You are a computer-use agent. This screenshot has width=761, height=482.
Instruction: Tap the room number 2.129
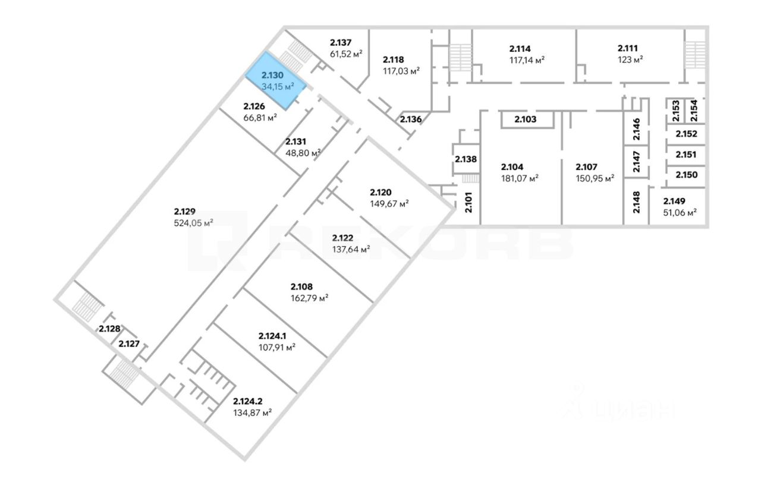pyautogui.click(x=185, y=212)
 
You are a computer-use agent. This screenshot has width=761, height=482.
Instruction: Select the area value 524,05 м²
pyautogui.click(x=193, y=223)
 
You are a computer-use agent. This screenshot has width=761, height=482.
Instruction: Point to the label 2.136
pyautogui.click(x=411, y=119)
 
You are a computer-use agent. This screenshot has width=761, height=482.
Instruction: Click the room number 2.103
pyautogui.click(x=525, y=119)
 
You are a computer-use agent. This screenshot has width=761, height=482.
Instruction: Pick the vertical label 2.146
pyautogui.click(x=637, y=129)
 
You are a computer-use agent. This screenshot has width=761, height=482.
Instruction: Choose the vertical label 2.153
pyautogui.click(x=676, y=111)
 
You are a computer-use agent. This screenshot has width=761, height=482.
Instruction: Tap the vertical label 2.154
pyautogui.click(x=694, y=111)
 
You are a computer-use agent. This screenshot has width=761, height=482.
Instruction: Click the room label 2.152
pyautogui.click(x=686, y=134)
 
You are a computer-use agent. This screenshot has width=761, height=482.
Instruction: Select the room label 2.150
pyautogui.click(x=686, y=175)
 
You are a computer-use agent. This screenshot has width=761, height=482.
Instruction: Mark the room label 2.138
pyautogui.click(x=466, y=159)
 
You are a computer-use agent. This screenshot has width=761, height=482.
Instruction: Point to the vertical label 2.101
pyautogui.click(x=468, y=203)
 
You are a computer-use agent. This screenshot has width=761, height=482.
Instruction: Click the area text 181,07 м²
pyautogui.click(x=520, y=178)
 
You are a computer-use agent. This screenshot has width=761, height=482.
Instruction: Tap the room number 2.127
pyautogui.click(x=129, y=344)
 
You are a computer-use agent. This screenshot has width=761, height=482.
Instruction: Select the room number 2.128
pyautogui.click(x=109, y=329)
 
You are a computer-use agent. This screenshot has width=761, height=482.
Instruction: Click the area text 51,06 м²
pyautogui.click(x=680, y=213)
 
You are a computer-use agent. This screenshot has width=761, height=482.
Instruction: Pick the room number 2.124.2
pyautogui.click(x=248, y=402)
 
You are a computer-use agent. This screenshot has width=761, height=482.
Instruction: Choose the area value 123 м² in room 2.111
pyautogui.click(x=630, y=60)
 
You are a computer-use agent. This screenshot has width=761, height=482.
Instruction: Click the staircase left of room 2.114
pyautogui.click(x=461, y=58)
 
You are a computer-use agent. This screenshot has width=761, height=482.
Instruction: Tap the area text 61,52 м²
pyautogui.click(x=346, y=54)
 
